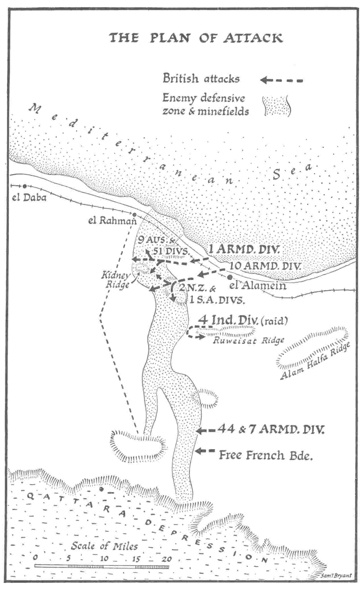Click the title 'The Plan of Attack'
click(x=196, y=38)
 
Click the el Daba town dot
click(x=25, y=186)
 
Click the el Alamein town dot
click(x=230, y=277)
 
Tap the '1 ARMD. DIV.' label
click(x=245, y=250)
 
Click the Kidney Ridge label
click(x=116, y=280)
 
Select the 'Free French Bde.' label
click(x=266, y=455)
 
